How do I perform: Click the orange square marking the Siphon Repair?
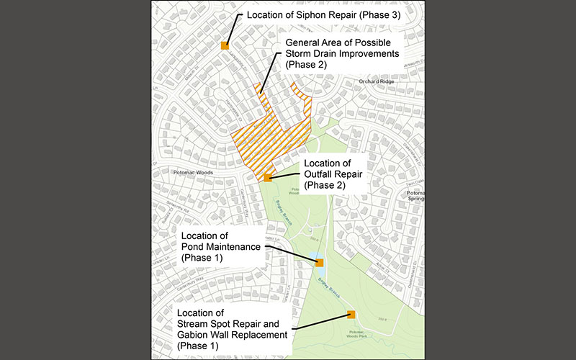point(225,45)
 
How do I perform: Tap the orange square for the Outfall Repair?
point(268,177)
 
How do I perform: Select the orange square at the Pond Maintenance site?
point(320,263)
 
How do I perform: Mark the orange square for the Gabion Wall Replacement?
point(351,314)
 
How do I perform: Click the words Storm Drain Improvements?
point(342,54)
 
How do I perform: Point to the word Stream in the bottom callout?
point(194,323)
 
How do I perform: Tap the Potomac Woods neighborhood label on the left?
point(190,173)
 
